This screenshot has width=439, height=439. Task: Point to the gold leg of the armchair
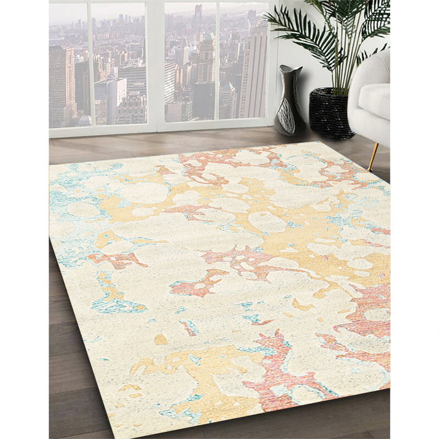(374, 156)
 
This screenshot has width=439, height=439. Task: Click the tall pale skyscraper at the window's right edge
(255, 69)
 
